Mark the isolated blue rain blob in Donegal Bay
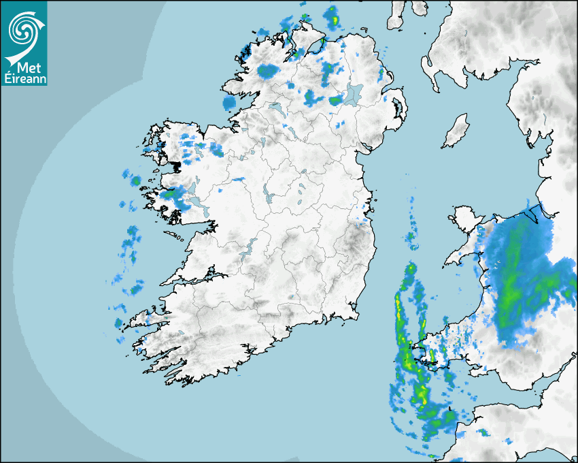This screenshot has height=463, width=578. tap(229, 102)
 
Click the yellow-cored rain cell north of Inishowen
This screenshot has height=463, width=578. tap(333, 15)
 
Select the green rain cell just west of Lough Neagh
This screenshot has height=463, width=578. tap(335, 100)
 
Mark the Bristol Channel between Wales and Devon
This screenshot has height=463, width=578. tap(503, 392)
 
